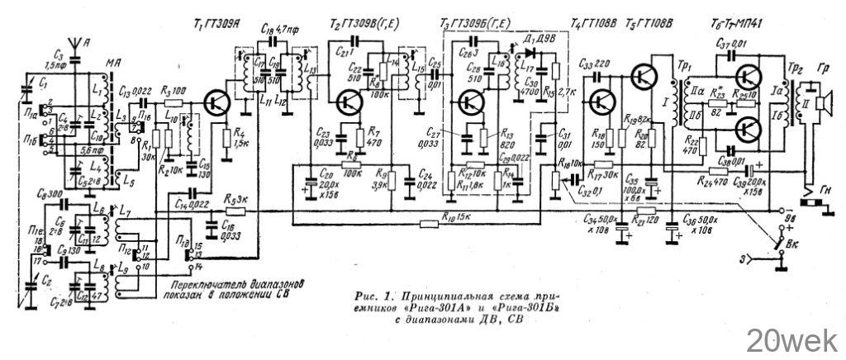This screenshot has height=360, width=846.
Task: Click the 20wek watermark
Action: coord(794,339)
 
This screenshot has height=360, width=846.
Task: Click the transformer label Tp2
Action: coord(796,64)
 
